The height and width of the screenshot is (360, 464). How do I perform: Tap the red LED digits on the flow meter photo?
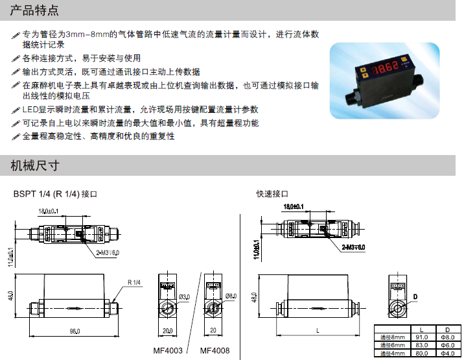[388, 67]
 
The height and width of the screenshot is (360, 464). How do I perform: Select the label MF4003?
[168, 351]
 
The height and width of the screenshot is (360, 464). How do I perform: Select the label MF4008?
[214, 351]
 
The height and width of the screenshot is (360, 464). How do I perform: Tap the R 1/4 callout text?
[135, 283]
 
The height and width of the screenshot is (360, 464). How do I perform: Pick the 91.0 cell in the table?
[421, 337]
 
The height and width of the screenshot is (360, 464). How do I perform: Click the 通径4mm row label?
[392, 354]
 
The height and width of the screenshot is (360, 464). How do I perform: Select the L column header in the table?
[421, 329]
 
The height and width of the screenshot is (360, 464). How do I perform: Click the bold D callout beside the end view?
[415, 297]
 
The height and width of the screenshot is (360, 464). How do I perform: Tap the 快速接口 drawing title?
[272, 194]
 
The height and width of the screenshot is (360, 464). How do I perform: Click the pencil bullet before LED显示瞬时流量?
[16, 110]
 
